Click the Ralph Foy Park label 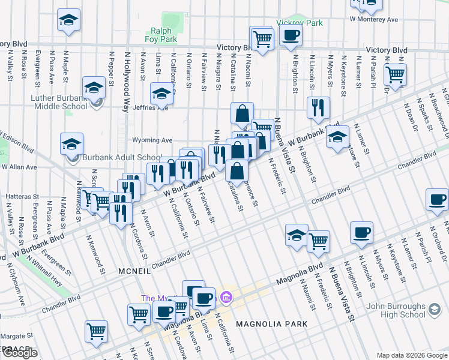point(161,35)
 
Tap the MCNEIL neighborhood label point(134,271)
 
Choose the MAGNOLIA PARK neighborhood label point(271,324)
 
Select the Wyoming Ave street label point(152,140)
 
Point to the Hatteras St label point(22,196)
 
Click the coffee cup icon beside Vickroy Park point(291,35)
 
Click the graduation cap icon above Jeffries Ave point(161,94)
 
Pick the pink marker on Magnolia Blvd point(226,296)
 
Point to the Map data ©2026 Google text point(411,355)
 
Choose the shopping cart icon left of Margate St point(96,331)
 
